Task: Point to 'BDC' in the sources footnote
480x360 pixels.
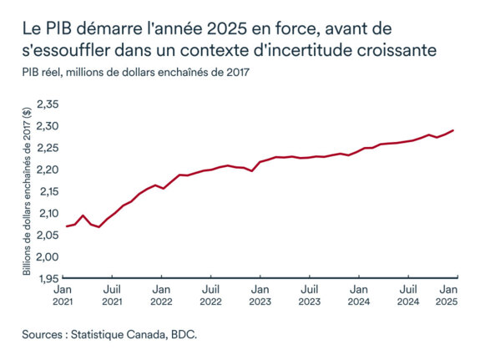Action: point(188,334)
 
